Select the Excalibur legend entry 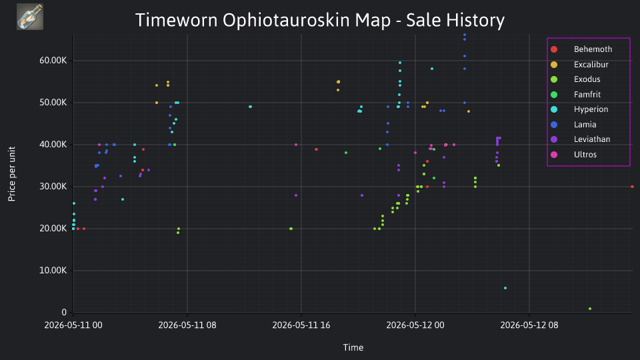click(x=579, y=65)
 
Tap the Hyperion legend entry click(x=579, y=109)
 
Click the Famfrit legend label click(x=587, y=94)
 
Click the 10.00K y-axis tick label click(x=53, y=270)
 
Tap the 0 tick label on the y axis click(x=64, y=312)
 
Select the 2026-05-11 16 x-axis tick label click(x=301, y=325)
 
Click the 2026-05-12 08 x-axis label click(x=529, y=325)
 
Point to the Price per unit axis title click(x=12, y=174)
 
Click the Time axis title click(x=353, y=347)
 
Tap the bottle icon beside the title click(x=30, y=17)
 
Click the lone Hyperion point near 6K click(x=505, y=288)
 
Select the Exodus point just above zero click(x=590, y=309)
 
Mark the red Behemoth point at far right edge click(x=632, y=187)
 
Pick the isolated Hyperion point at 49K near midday click(x=250, y=107)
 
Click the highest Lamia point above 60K click(x=465, y=35)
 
